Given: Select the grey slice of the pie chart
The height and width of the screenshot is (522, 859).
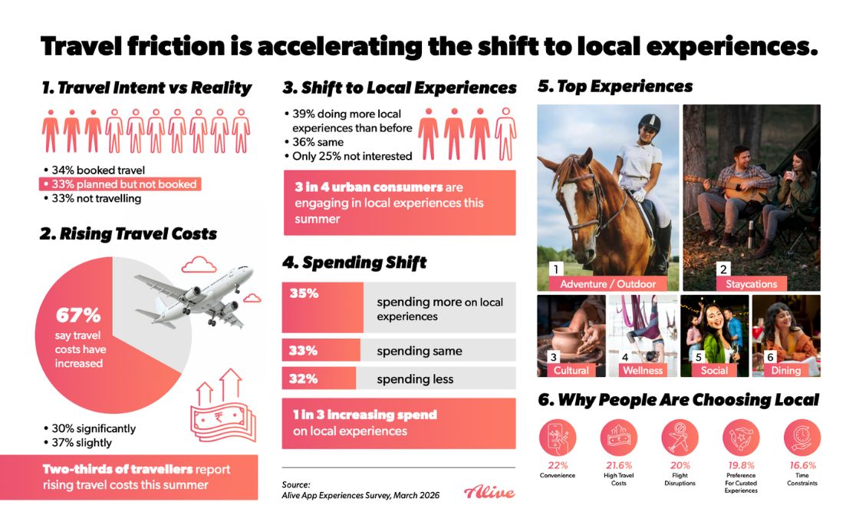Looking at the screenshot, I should pyautogui.click(x=153, y=307).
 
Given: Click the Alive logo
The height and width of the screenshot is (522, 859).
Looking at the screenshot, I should pyautogui.click(x=489, y=492).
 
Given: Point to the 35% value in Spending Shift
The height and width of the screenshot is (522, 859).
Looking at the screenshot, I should pyautogui.click(x=304, y=292).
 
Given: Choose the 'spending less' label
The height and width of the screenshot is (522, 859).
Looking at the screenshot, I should pyautogui.click(x=415, y=378).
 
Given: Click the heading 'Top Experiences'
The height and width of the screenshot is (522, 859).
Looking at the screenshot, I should pyautogui.click(x=615, y=86).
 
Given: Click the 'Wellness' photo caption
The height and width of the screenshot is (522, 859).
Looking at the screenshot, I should pyautogui.click(x=642, y=370).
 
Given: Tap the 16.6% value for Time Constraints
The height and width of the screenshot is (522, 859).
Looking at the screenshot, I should pyautogui.click(x=802, y=465).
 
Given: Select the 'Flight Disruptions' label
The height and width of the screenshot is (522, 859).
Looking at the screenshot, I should pyautogui.click(x=680, y=479).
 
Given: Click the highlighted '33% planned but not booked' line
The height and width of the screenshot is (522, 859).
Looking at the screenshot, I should pyautogui.click(x=120, y=184).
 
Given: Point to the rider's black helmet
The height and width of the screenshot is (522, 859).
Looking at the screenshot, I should pyautogui.click(x=650, y=122).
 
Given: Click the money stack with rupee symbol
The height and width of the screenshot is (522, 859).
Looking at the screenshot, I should pyautogui.click(x=222, y=418).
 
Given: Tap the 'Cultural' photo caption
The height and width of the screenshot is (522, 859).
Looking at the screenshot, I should pyautogui.click(x=571, y=370).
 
